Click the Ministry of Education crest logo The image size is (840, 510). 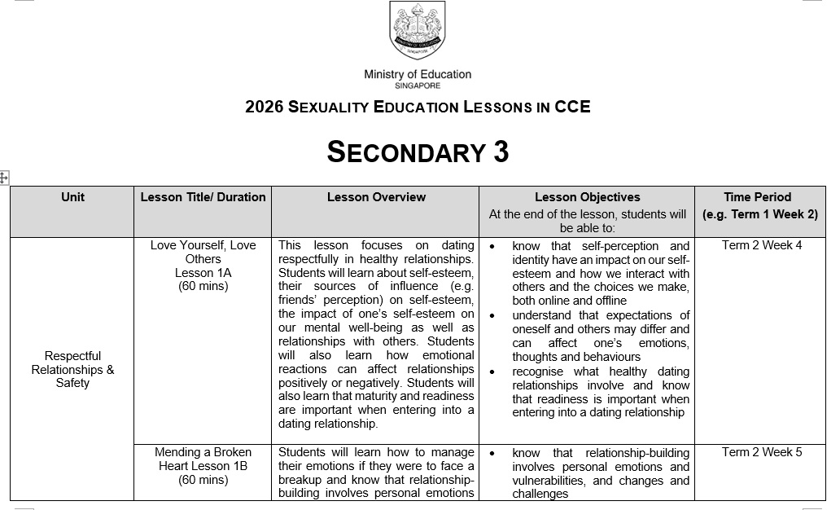[418, 33]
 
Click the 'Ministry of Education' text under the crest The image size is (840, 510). [418, 74]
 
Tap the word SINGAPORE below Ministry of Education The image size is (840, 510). [418, 85]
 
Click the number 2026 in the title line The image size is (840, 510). [264, 107]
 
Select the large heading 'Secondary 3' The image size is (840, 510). [418, 152]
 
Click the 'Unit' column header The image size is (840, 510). [72, 197]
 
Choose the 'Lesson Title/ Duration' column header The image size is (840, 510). [203, 197]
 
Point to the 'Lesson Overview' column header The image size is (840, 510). [376, 197]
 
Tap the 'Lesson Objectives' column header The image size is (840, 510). [587, 197]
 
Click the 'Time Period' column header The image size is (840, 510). [757, 197]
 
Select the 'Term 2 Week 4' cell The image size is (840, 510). [761, 245]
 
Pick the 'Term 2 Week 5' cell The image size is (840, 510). [761, 452]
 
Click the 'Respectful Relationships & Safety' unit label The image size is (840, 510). [72, 369]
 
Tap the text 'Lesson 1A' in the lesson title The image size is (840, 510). [203, 273]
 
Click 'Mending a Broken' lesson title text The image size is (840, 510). [203, 452]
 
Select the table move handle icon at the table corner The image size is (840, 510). [4, 177]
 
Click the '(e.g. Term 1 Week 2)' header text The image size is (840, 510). [759, 215]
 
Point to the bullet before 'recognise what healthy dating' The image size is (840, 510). [493, 372]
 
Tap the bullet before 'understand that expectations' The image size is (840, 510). [493, 315]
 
